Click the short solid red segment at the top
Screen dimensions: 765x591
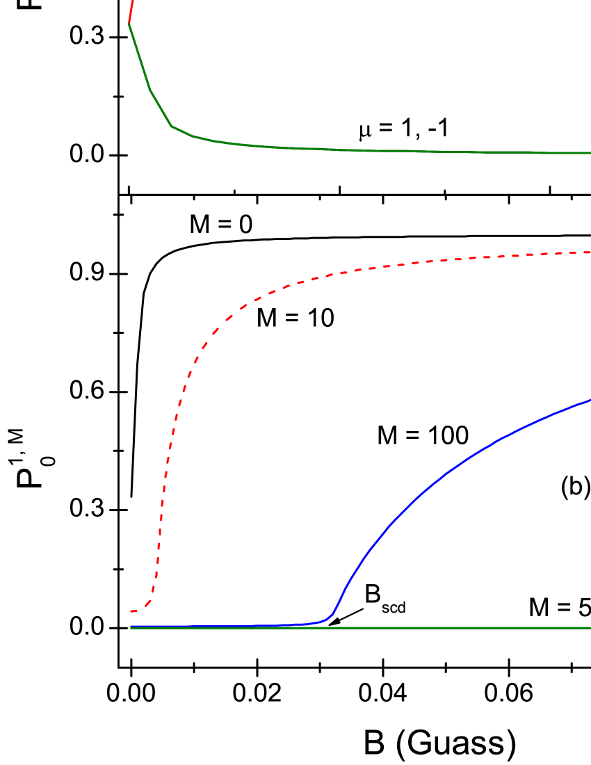[x=131, y=11]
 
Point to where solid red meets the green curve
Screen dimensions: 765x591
[x=129, y=24]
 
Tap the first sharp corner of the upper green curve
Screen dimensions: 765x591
[x=150, y=90]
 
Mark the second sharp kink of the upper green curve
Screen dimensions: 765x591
[x=171, y=126]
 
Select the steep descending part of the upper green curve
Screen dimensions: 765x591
[x=139, y=56]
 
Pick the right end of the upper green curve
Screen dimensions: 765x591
[x=590, y=153]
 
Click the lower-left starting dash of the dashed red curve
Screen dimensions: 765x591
[x=133, y=611]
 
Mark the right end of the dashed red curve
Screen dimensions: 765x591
[x=589, y=252]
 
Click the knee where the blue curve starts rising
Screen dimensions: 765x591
[x=332, y=615]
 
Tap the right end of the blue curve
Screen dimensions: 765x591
[x=590, y=400]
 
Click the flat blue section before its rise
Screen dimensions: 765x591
[x=222, y=626]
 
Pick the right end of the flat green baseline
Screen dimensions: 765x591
[x=590, y=628]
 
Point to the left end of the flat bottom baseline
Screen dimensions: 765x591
[x=131, y=627]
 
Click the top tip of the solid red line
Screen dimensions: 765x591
[x=132, y=1]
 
